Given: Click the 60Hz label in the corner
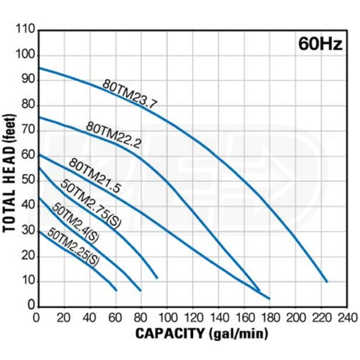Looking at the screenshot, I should pyautogui.click(x=320, y=45).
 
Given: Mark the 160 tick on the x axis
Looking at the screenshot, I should pyautogui.click(x=244, y=317).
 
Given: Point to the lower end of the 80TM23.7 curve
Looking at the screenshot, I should pyautogui.click(x=327, y=281).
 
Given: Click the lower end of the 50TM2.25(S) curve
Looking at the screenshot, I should pyautogui.click(x=115, y=290).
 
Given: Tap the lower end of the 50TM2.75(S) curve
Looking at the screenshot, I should pyautogui.click(x=157, y=277).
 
